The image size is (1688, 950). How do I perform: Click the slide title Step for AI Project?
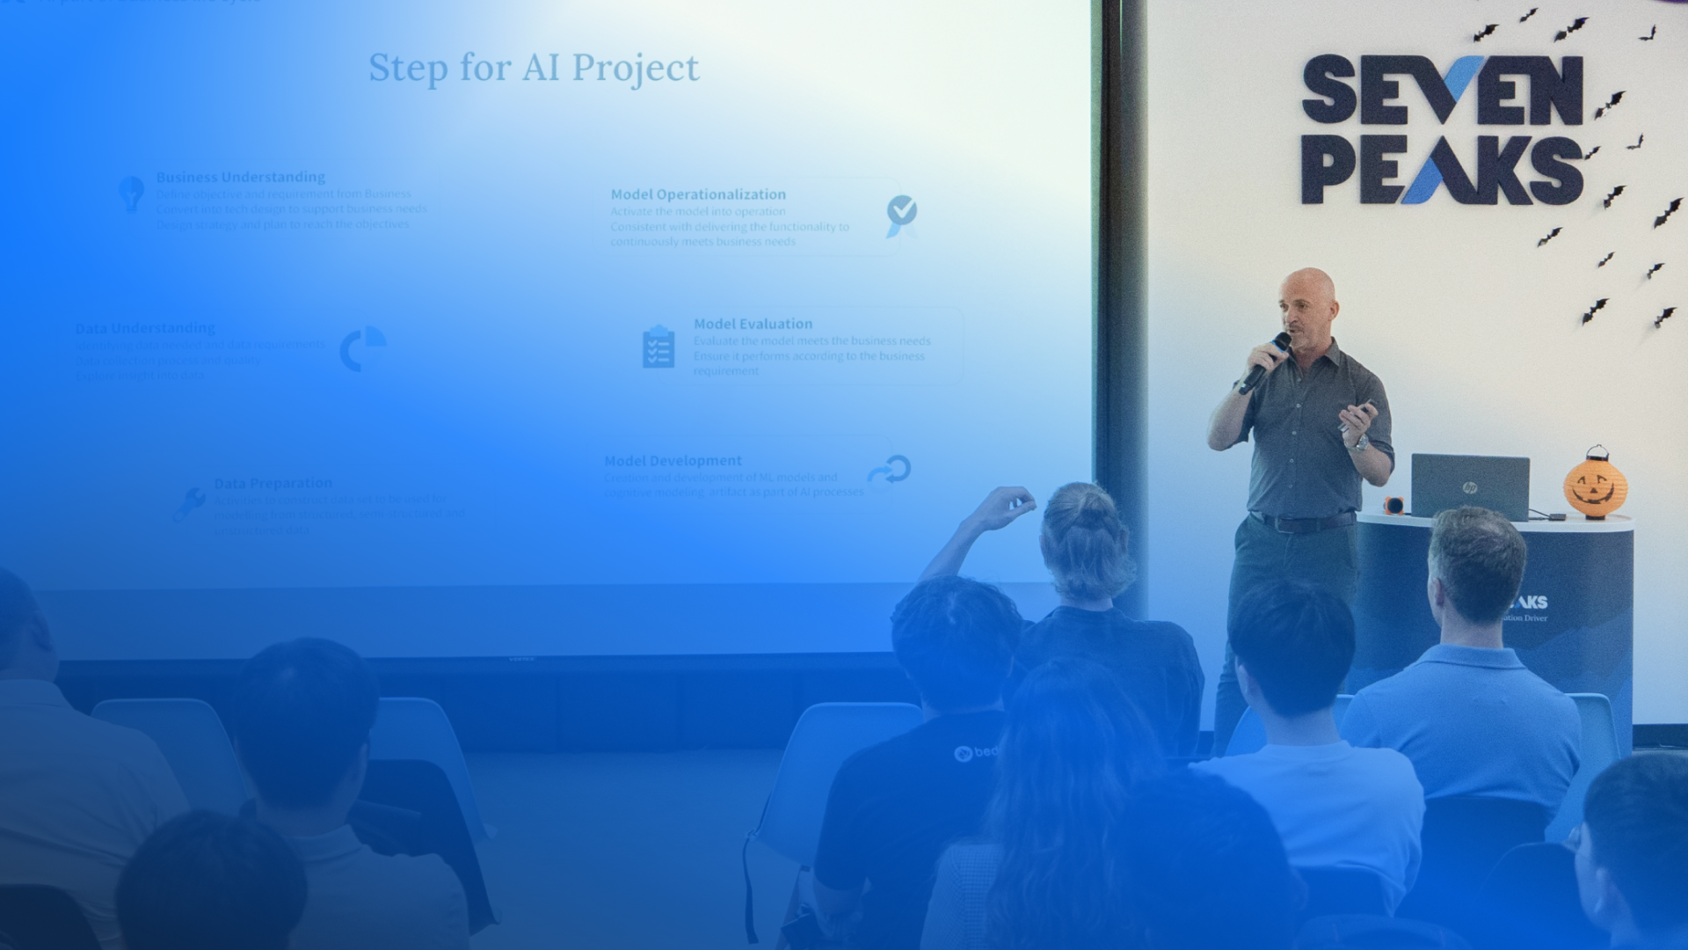pyautogui.click(x=534, y=69)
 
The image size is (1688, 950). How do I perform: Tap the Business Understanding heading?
pyautogui.click(x=240, y=177)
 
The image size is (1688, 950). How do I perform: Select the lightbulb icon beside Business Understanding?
pyautogui.click(x=131, y=193)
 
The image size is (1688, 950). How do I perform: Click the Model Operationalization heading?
pyautogui.click(x=698, y=194)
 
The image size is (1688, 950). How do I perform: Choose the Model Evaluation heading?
pyautogui.click(x=753, y=324)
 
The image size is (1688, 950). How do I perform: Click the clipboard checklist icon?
pyautogui.click(x=658, y=347)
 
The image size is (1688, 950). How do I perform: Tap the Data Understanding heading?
pyautogui.click(x=145, y=328)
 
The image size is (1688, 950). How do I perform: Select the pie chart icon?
pyautogui.click(x=362, y=348)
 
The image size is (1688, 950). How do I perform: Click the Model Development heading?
pyautogui.click(x=673, y=460)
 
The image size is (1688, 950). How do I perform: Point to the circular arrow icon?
pyautogui.click(x=890, y=469)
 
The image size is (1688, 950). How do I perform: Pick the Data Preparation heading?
pyautogui.click(x=273, y=483)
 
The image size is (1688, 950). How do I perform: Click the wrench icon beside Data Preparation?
pyautogui.click(x=189, y=505)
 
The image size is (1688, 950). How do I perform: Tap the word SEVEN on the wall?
pyautogui.click(x=1442, y=90)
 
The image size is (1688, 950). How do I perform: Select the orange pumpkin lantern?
pyautogui.click(x=1595, y=485)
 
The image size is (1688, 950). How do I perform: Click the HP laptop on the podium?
pyautogui.click(x=1470, y=486)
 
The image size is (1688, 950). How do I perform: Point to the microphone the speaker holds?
pyautogui.click(x=1266, y=362)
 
